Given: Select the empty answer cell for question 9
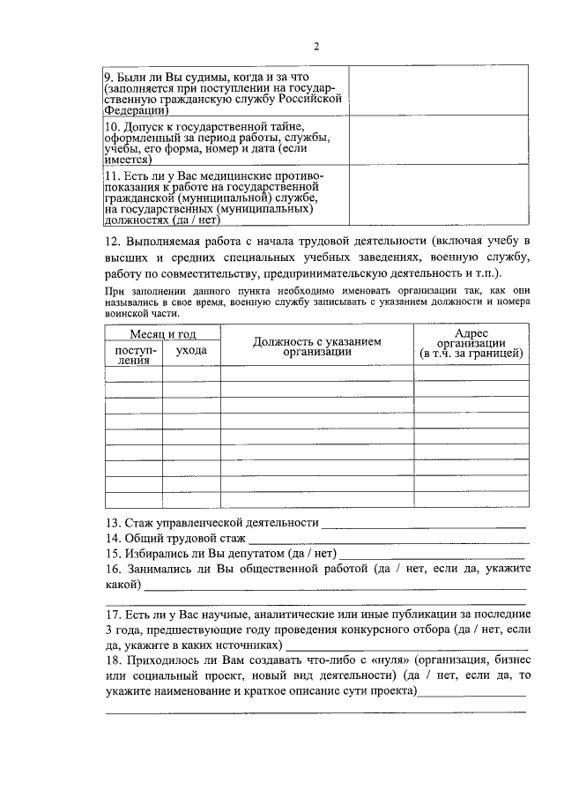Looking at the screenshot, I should click(438, 91).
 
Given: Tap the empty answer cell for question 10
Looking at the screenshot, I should click(438, 142).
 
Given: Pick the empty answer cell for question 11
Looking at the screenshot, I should click(438, 198).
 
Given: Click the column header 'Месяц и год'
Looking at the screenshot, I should click(163, 334).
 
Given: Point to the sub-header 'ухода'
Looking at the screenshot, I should click(191, 351).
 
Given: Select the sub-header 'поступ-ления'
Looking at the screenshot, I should click(134, 354).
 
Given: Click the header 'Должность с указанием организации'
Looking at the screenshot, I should click(316, 346).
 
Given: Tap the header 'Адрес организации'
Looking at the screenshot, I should click(471, 343).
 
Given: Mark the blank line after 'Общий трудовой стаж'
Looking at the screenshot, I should click(387, 541).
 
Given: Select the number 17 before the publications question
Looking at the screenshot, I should click(113, 615).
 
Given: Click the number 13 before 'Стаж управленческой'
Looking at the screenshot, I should click(113, 524).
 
